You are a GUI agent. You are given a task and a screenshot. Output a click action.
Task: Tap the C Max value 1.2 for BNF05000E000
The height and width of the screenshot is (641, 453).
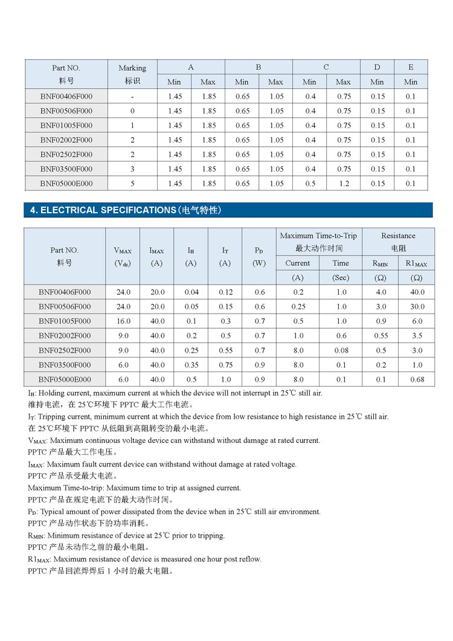(343, 184)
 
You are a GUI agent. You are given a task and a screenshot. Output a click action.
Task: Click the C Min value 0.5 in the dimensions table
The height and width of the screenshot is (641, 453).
(310, 184)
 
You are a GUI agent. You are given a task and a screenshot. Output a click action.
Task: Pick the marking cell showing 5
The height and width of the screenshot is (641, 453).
(132, 184)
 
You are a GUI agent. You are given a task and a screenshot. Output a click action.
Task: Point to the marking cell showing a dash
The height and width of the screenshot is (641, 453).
(132, 97)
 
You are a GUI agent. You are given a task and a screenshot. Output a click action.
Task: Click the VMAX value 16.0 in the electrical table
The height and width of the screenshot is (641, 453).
(123, 321)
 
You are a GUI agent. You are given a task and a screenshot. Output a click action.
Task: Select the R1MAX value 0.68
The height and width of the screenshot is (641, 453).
(417, 379)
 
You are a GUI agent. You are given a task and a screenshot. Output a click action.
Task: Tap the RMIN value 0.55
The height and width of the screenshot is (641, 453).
(381, 336)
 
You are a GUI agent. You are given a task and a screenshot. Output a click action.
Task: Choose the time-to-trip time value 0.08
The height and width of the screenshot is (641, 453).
(341, 350)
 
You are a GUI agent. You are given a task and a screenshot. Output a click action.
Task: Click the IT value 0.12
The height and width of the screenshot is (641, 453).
(225, 292)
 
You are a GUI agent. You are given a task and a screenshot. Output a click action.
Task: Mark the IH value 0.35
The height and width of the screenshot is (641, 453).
(191, 365)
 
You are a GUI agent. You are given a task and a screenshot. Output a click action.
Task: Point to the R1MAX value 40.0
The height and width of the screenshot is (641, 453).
(417, 292)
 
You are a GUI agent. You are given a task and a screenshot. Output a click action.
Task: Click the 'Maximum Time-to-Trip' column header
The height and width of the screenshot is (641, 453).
(318, 242)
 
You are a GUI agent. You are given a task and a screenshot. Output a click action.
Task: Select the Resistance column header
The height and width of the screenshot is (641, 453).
(399, 242)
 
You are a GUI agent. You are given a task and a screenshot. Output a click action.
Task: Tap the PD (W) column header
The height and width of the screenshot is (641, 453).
(259, 256)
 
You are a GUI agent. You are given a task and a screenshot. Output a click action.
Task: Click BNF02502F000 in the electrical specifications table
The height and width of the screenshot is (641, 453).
(65, 350)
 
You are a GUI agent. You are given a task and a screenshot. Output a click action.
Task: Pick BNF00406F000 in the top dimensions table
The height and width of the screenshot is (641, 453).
(66, 97)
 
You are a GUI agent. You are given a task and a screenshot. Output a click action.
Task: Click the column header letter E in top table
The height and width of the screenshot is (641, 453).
(411, 67)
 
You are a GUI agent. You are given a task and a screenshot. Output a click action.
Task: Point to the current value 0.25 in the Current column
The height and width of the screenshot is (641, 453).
(298, 307)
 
